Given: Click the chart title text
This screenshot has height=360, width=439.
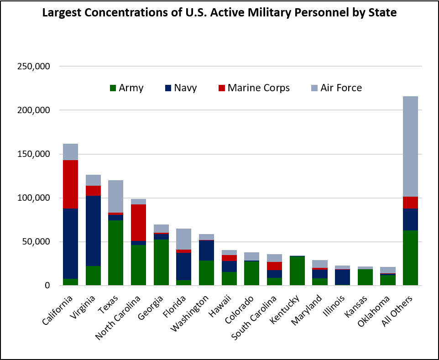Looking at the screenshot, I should click(x=219, y=13).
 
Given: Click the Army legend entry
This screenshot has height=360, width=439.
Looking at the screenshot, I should click(x=126, y=88).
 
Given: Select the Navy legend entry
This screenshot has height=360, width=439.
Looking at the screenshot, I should click(x=181, y=88).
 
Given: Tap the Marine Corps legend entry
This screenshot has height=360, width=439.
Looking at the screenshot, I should click(x=254, y=88).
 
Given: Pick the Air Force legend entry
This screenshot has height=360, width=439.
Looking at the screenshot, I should click(x=336, y=88).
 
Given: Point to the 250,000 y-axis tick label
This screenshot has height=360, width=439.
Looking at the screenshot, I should click(x=35, y=67).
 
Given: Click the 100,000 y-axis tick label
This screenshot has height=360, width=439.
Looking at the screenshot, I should click(x=35, y=198).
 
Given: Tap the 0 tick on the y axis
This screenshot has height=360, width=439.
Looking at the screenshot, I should click(x=47, y=286).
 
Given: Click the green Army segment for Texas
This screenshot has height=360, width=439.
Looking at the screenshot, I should click(x=115, y=253).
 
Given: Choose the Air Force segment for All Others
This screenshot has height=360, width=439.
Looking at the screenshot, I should click(x=410, y=146).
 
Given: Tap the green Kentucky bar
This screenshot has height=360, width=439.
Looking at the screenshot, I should click(x=297, y=271).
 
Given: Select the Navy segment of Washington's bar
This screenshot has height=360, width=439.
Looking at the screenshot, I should click(x=206, y=250).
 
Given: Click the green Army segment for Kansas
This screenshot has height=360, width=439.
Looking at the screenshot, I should click(x=365, y=277).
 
